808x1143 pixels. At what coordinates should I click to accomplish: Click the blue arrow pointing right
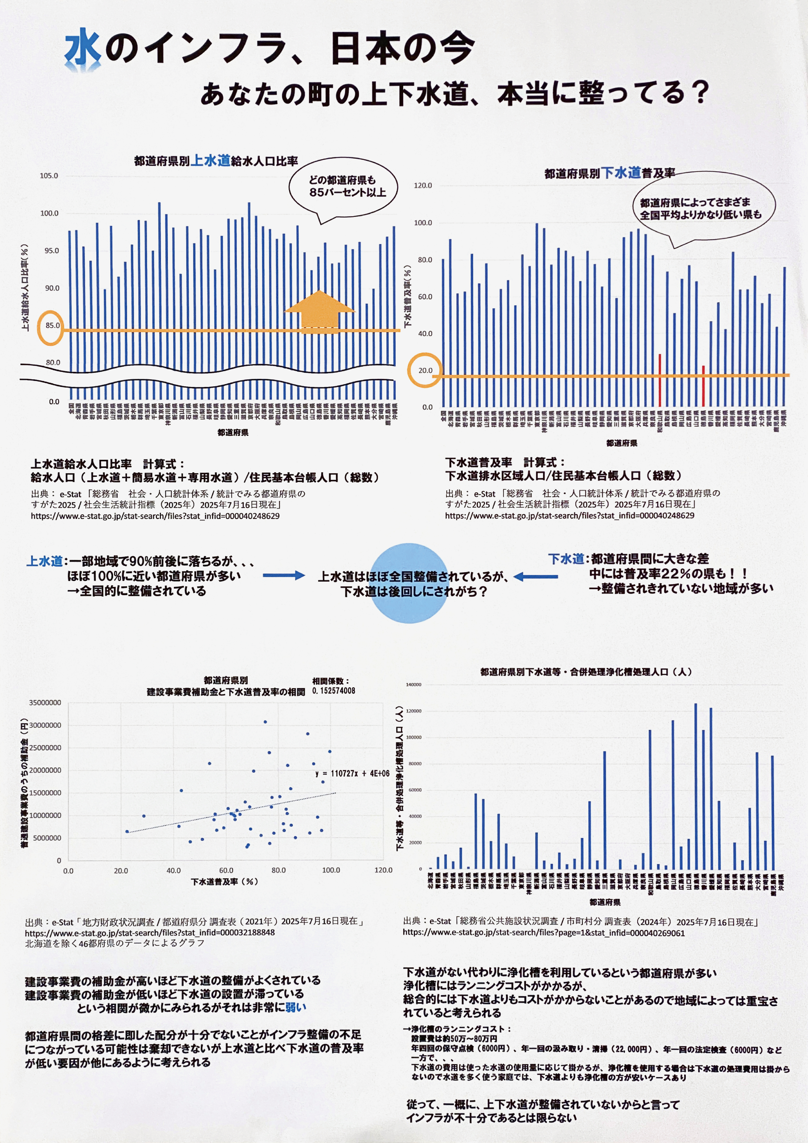coord(284,575)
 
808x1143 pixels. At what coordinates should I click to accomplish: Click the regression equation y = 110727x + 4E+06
coord(352,773)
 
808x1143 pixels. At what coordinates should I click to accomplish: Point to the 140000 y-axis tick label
coord(413,685)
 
